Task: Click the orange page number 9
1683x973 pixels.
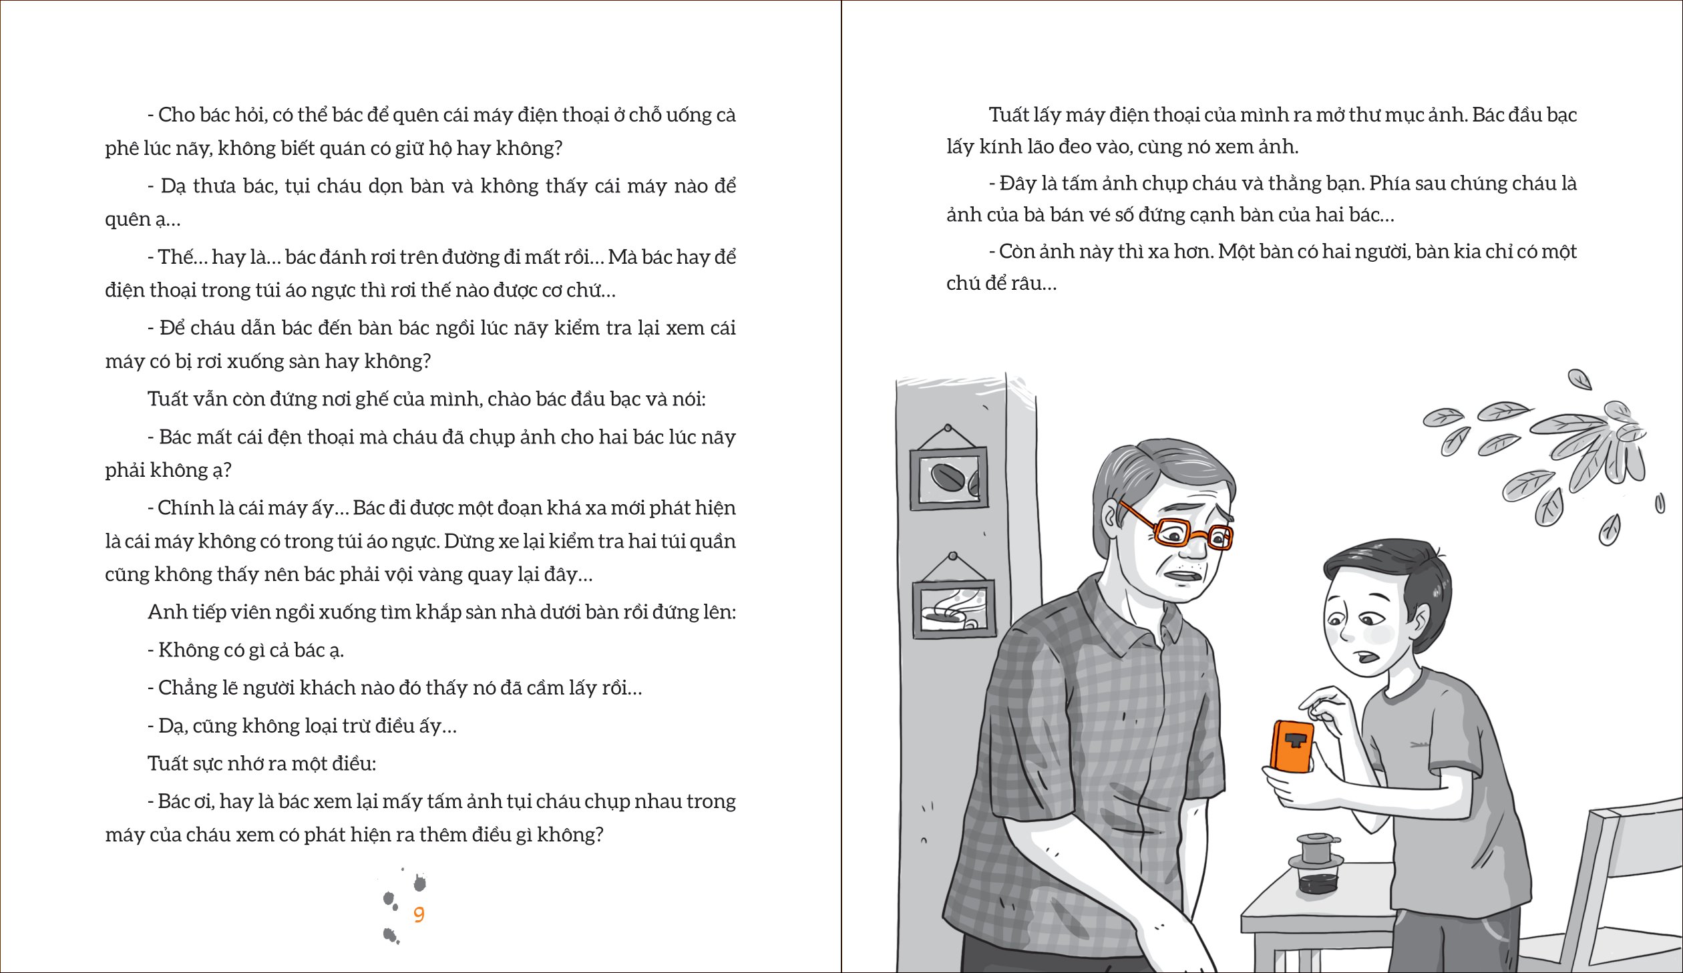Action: click(419, 914)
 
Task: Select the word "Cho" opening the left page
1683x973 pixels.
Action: click(176, 115)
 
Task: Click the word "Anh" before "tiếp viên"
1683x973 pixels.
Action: click(164, 612)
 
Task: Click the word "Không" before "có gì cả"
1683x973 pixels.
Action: click(186, 650)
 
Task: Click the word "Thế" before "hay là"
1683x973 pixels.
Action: click(176, 257)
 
